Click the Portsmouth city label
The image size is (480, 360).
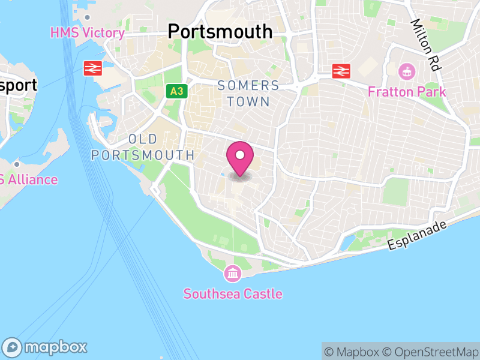click(220, 31)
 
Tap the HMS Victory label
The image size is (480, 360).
click(88, 32)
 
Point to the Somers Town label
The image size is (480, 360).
click(248, 94)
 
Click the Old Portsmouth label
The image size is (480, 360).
click(143, 147)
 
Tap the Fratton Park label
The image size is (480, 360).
click(407, 92)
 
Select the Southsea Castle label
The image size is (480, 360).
click(233, 294)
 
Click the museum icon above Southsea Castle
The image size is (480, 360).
click(232, 275)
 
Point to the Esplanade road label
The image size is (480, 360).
click(418, 236)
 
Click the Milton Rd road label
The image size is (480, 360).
click(425, 44)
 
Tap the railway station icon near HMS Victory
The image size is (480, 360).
click(93, 68)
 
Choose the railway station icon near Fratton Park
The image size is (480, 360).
click(341, 71)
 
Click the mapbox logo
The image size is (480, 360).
click(46, 347)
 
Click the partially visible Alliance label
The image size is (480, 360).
click(28, 179)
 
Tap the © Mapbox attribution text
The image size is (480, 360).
click(353, 352)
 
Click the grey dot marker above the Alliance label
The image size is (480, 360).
click(17, 164)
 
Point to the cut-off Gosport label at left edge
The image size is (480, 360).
click(17, 85)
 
